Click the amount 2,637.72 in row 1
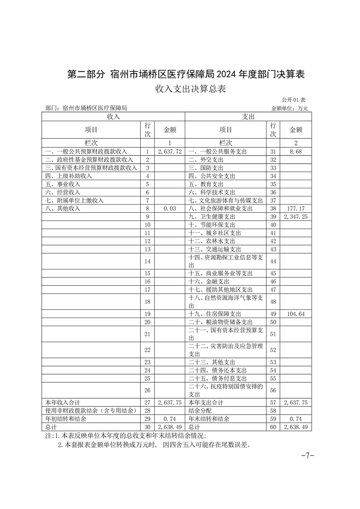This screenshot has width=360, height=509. pos(170,152)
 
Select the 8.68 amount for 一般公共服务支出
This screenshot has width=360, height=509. pos(295,152)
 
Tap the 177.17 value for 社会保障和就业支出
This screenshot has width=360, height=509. pos(295,209)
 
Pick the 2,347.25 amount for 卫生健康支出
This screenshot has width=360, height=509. pos(295,217)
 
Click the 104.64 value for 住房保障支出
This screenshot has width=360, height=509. pos(295,314)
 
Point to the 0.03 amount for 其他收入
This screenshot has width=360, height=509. pos(170,209)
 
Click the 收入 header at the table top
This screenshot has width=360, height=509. pos(113,117)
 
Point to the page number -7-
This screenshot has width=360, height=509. pos(307,456)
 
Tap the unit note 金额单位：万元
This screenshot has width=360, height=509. pos(289,108)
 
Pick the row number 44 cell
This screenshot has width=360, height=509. pos(273,261)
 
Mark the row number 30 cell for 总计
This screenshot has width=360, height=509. pos(147,427)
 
